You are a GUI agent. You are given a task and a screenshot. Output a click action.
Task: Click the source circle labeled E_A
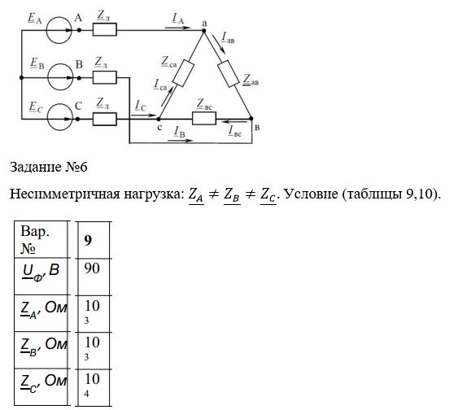pos(46,30)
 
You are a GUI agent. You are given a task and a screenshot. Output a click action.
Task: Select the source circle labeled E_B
pos(47,77)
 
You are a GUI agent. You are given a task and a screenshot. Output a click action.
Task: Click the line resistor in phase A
pos(104,29)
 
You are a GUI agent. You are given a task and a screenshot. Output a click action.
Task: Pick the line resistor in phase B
pos(104,77)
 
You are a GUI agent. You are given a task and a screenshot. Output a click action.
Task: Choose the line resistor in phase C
pos(104,119)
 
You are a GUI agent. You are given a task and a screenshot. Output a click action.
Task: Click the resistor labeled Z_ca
pos(184,73)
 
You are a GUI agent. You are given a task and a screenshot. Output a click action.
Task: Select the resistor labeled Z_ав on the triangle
pos(229,73)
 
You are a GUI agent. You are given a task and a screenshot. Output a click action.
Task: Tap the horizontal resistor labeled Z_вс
pos(204,118)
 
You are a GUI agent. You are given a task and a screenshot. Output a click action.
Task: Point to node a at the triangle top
pos(204,30)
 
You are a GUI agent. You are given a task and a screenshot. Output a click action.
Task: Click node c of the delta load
pos(159,119)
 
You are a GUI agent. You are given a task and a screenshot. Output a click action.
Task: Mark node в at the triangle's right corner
pos(251,118)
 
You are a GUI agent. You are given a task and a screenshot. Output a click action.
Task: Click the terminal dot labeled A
pos(79,30)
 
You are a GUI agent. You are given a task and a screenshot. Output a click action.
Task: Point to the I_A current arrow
pos(177,28)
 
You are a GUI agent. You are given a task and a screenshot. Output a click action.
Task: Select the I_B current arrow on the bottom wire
pos(181,141)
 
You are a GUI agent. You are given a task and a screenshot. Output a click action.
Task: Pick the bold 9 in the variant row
pos(88,240)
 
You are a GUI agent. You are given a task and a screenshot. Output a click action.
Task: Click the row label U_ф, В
pos(41,273)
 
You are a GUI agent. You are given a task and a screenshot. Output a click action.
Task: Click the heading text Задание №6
pos(48,167)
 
